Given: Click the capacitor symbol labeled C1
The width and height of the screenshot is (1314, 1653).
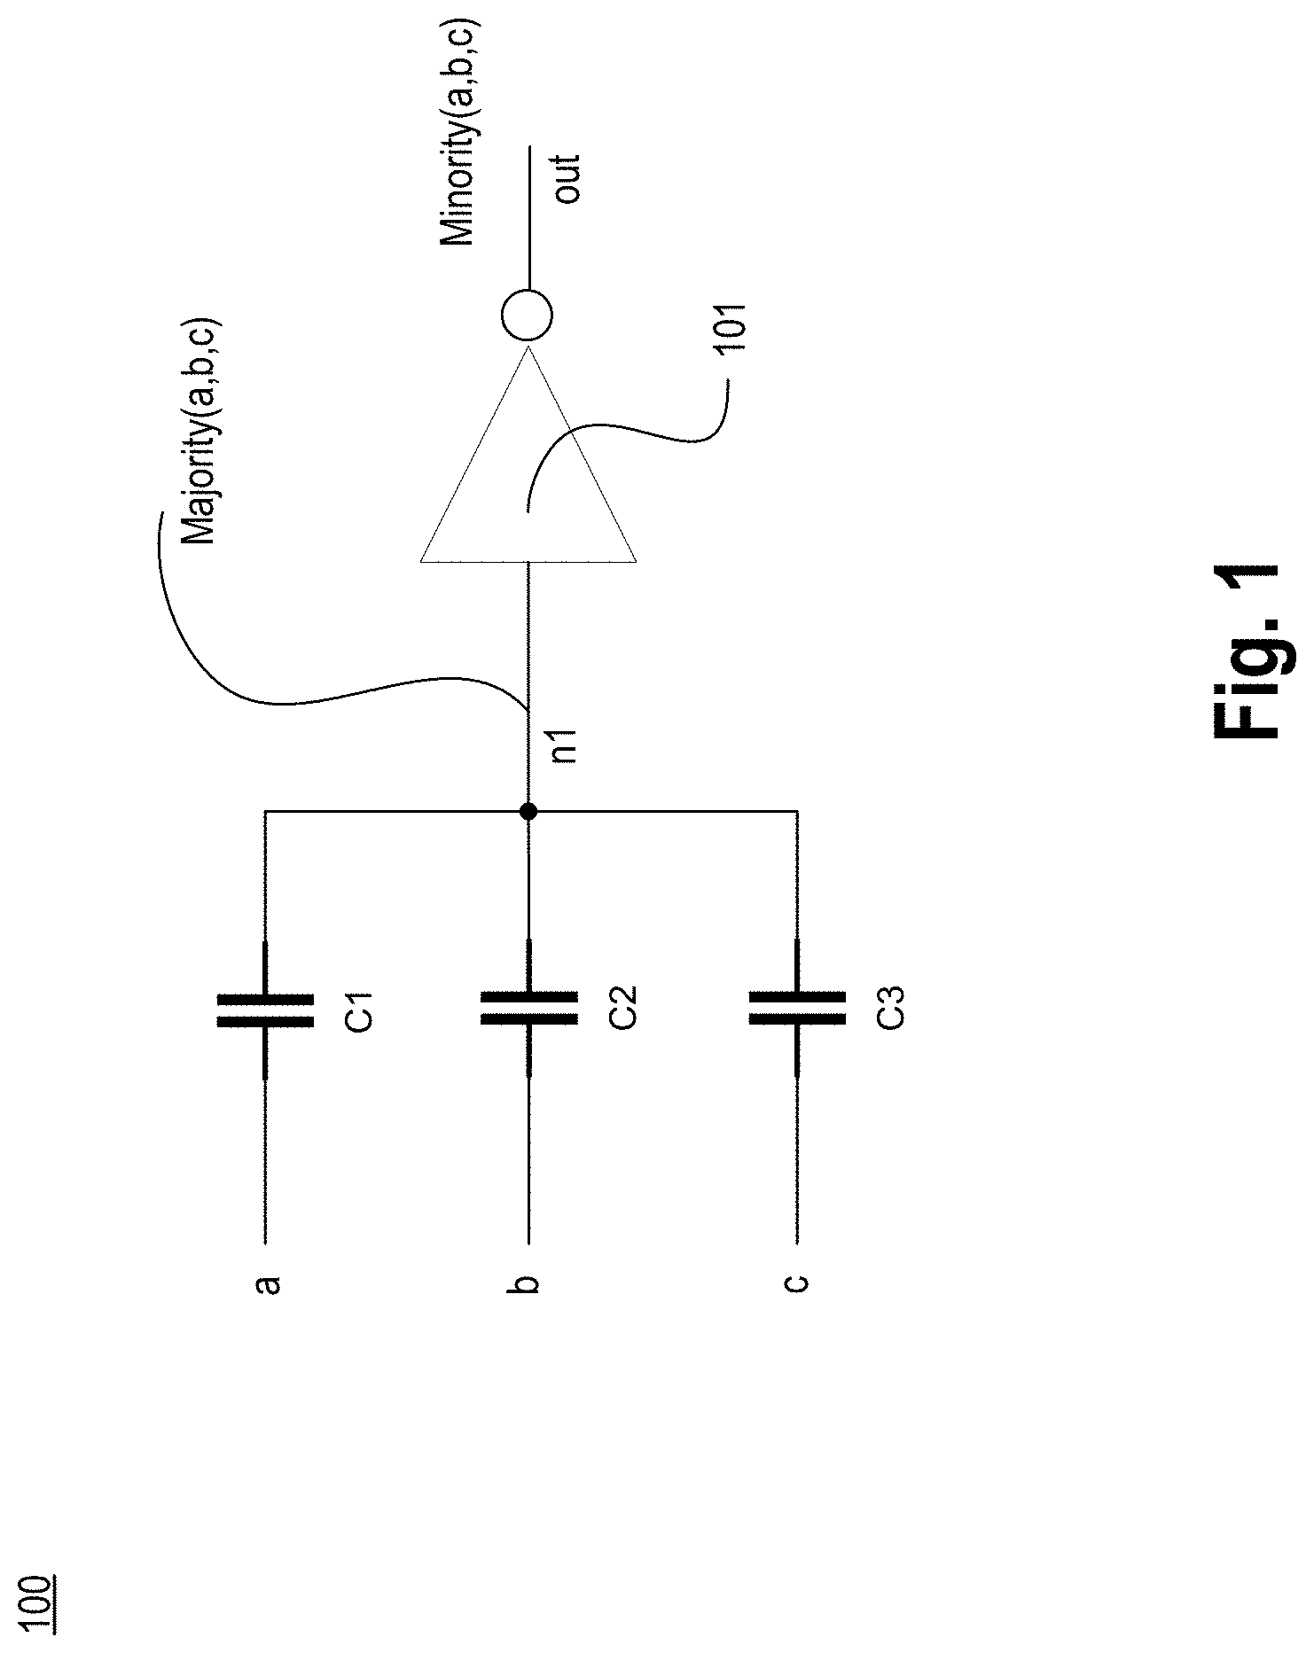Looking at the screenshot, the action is (x=265, y=1010).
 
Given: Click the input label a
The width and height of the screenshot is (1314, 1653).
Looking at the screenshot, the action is (x=266, y=1284).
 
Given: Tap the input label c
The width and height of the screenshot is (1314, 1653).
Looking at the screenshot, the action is (x=797, y=1283).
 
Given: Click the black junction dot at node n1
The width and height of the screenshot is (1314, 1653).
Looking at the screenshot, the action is (x=528, y=811).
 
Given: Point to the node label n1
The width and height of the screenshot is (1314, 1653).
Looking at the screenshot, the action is (x=566, y=746).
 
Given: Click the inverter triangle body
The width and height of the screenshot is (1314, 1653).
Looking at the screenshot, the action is (x=528, y=454).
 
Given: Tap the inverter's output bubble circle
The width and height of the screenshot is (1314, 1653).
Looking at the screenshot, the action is (x=527, y=315).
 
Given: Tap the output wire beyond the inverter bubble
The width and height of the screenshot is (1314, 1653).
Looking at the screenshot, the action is (x=528, y=217).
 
